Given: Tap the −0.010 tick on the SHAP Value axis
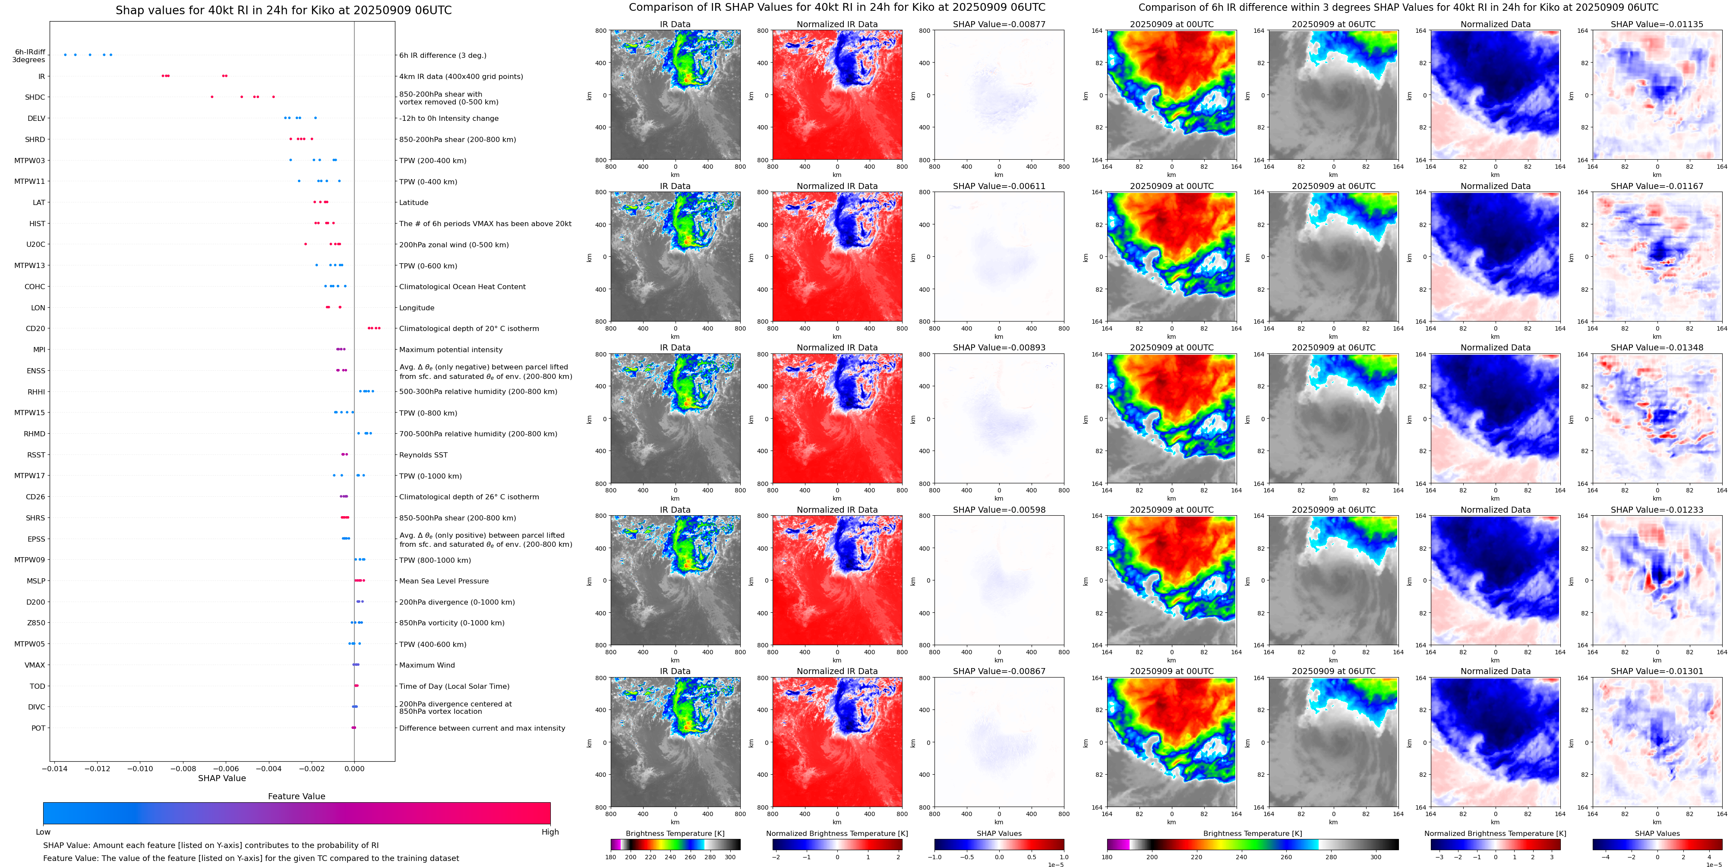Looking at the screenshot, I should [141, 769].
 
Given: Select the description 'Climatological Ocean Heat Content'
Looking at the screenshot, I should [462, 287].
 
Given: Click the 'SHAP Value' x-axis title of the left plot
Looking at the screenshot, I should [222, 778].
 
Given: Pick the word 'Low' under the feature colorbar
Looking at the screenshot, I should [43, 832].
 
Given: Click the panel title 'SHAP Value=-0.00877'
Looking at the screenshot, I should [999, 24].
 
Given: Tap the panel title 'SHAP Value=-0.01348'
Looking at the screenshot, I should [1657, 348].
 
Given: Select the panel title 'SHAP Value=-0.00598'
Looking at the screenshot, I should [999, 510].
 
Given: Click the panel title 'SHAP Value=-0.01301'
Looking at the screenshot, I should [1657, 671].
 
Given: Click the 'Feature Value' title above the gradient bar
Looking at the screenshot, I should [297, 796].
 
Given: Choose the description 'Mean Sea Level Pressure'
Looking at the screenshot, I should [444, 581].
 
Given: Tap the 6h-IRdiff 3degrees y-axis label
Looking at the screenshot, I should [30, 56].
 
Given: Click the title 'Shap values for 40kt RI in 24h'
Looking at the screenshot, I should [283, 11].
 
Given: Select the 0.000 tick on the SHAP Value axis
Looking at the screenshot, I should [354, 769].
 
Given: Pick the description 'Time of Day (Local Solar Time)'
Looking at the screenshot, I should [454, 686].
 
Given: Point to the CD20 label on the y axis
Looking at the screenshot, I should [36, 329].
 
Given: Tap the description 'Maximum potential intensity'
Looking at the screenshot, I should [451, 350].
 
